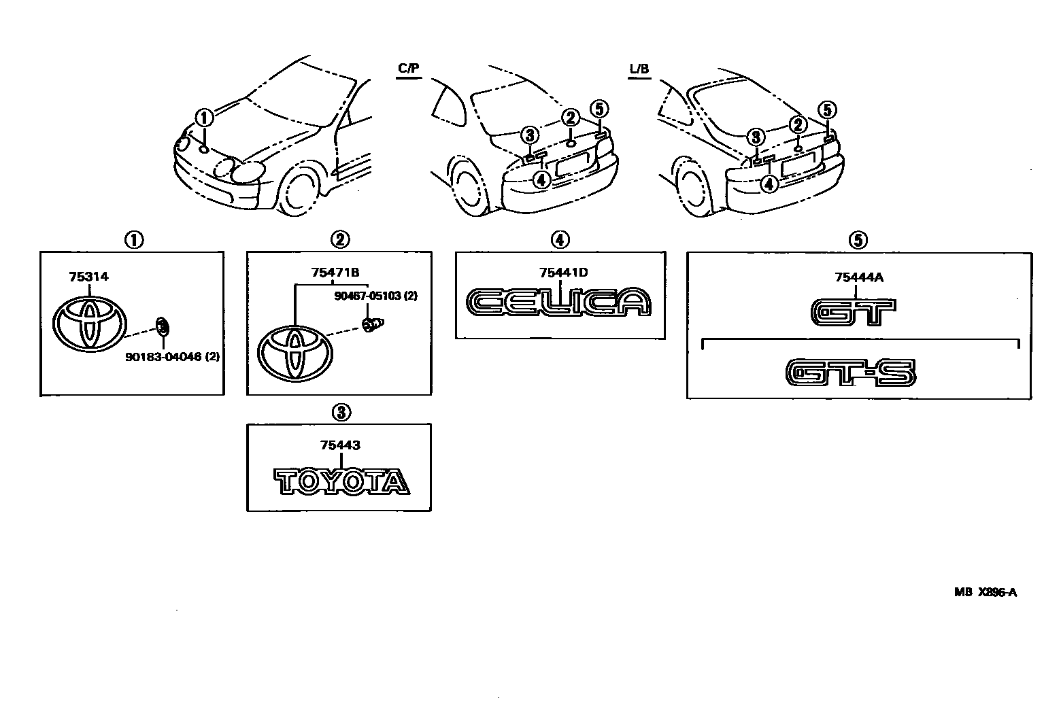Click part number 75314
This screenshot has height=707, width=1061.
tap(88, 277)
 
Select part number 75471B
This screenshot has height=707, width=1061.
tap(335, 273)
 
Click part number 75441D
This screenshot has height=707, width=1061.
tap(563, 273)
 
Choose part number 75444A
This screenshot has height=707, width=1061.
tap(859, 277)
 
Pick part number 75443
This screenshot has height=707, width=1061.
tap(340, 446)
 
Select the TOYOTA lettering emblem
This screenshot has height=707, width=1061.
tap(341, 481)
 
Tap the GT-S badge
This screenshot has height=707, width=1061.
tap(851, 373)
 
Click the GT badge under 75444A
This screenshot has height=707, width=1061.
tap(854, 312)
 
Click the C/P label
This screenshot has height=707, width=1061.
tap(407, 69)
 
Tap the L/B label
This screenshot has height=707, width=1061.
tap(639, 69)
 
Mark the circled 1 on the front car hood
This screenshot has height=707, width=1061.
tap(204, 118)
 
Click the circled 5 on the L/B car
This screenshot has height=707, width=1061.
tap(826, 110)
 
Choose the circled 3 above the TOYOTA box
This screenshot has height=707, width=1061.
tap(340, 411)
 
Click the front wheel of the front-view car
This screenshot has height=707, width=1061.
tap(301, 190)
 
